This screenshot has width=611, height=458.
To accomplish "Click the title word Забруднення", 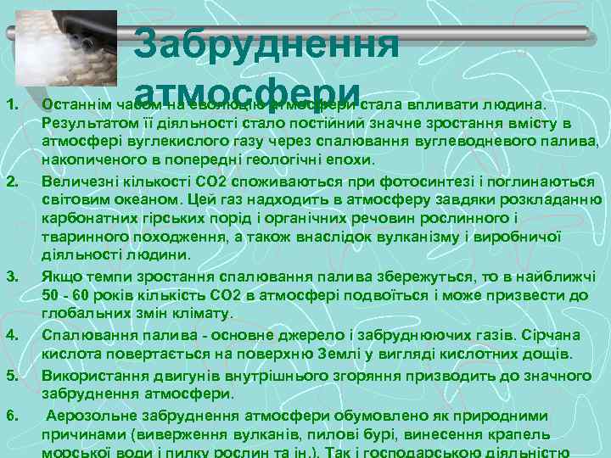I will coord(266,42).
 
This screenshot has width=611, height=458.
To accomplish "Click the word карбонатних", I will coord(83,219).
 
